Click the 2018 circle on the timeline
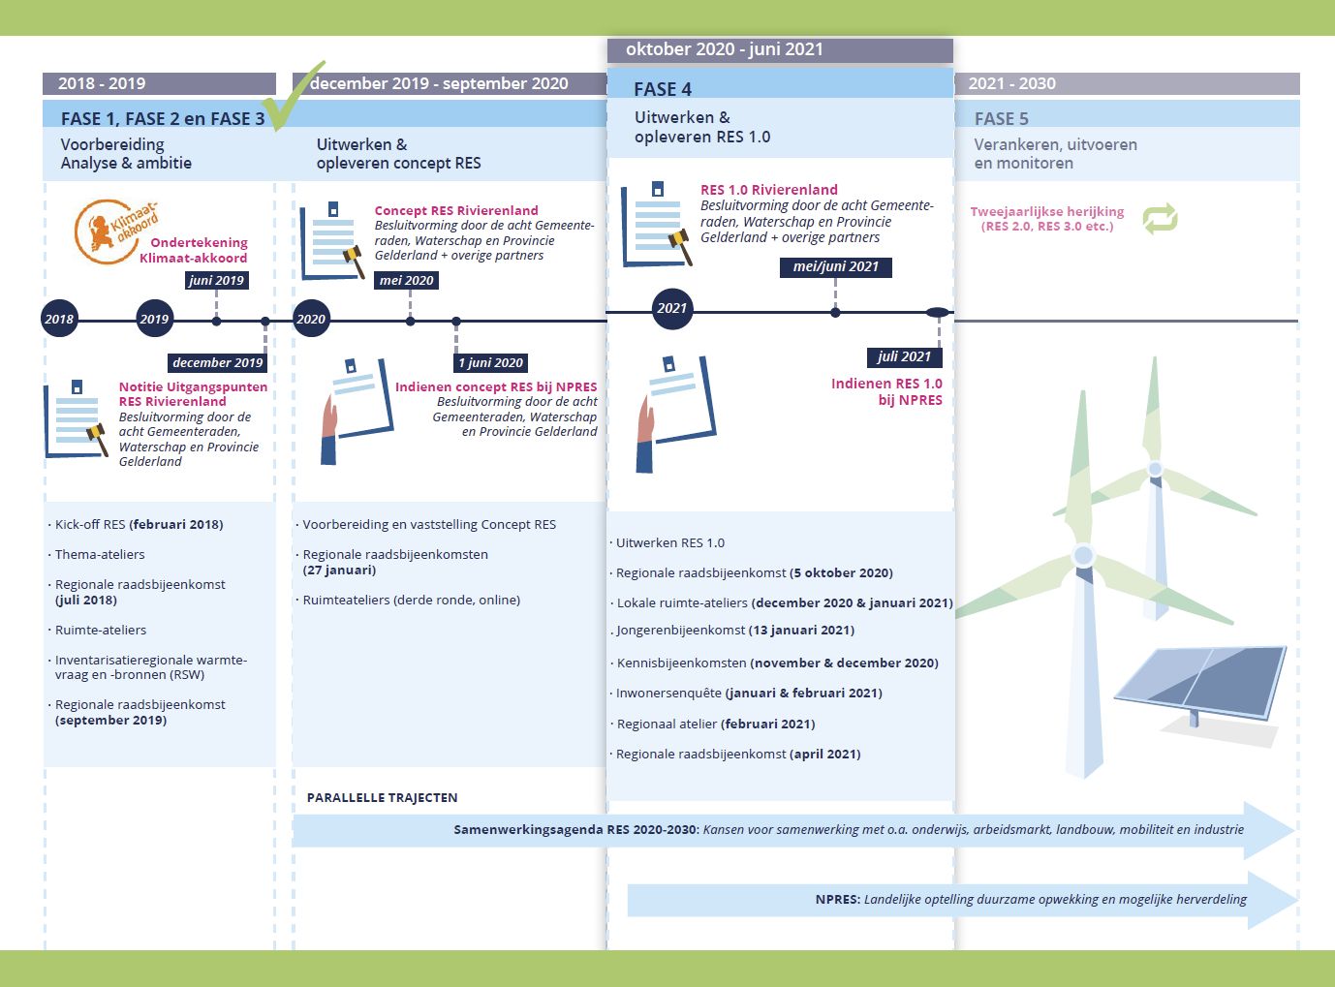point(59,319)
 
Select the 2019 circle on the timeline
point(154,319)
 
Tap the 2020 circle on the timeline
point(311,319)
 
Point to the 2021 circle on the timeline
point(671,309)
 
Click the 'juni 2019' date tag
point(216,281)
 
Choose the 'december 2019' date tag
point(217,362)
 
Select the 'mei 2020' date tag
point(406,281)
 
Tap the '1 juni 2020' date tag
point(490,362)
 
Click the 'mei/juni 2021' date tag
point(835,266)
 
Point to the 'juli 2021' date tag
point(904,356)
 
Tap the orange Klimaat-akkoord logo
point(114,231)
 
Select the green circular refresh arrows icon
point(1160,219)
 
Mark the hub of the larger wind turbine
point(1083,555)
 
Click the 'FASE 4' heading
point(662,89)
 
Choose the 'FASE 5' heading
point(1001,118)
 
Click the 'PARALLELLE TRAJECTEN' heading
point(383,797)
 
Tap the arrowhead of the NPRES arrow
point(1271,900)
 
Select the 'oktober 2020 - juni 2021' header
point(724,48)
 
